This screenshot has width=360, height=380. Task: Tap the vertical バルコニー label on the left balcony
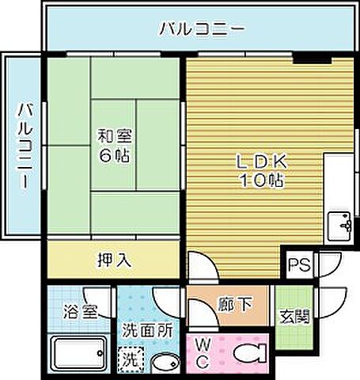coord(24,145)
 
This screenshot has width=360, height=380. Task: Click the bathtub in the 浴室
coord(79,350)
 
